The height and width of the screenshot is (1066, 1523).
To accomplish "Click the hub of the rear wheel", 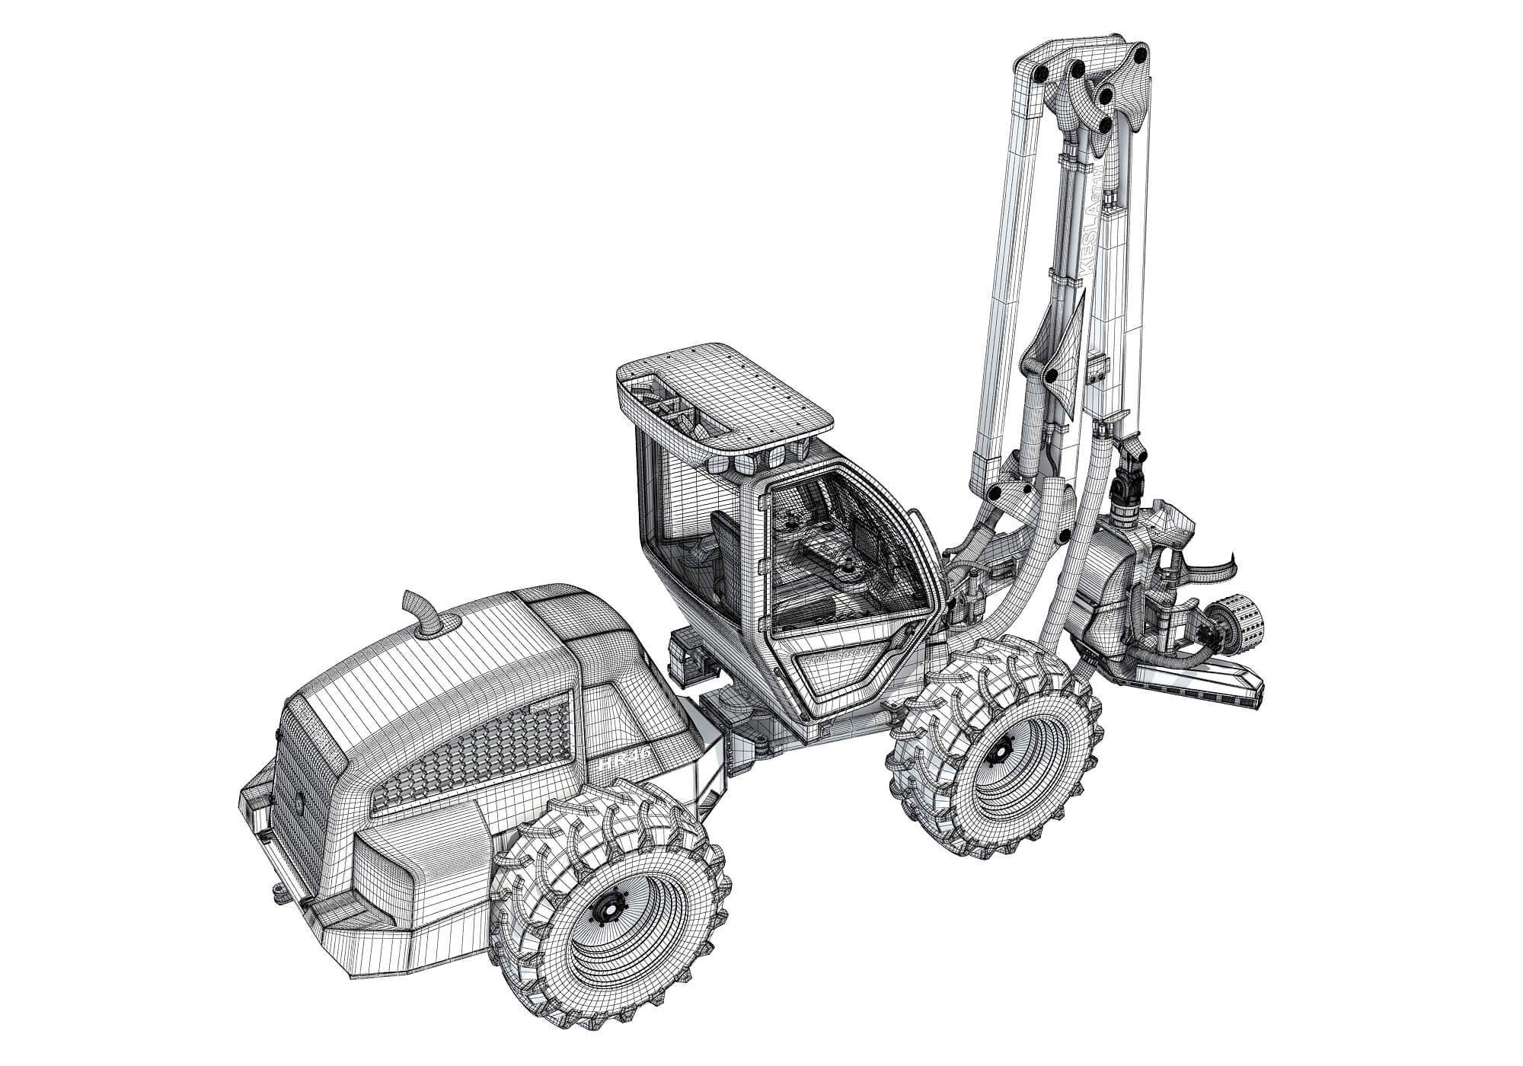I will (x=609, y=908).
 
